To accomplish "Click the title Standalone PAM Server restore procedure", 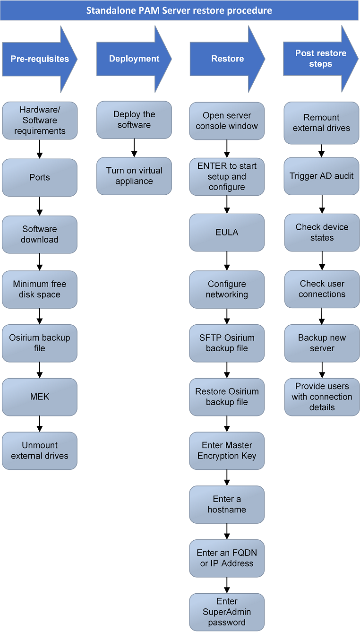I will pos(179,10).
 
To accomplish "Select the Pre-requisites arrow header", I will pos(39,59).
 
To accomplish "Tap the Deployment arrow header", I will pos(134,59).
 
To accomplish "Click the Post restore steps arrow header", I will pos(320,59).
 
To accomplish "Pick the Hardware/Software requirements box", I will pos(40,121).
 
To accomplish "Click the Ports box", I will pos(40,178).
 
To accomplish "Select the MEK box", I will pos(40,397).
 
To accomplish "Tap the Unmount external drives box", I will pos(40,450).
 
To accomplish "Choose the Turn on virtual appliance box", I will pos(134,176).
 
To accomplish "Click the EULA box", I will pos(227,233).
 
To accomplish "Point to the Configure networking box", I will pos(227,289).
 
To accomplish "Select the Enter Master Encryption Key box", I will pos(227,450).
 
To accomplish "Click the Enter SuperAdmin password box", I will pos(227,612).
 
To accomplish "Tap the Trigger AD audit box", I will pos(322,176).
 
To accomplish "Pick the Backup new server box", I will pos(322,343).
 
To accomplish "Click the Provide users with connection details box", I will pos(322,397).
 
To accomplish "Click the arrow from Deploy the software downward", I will pos(134,148).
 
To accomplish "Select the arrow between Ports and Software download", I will pos(40,206).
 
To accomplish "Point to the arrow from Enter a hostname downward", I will pos(227,531).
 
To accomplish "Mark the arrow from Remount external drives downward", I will pos(322,151).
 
